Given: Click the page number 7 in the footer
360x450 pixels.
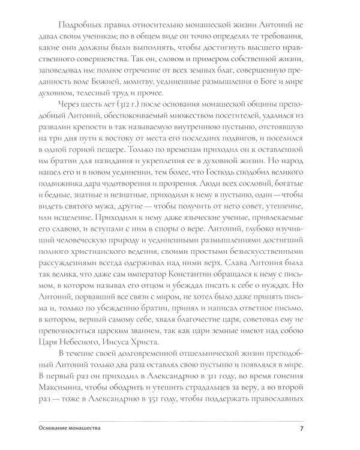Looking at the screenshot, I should coord(302,428).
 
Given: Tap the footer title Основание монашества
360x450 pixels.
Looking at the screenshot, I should coord(65,428).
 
